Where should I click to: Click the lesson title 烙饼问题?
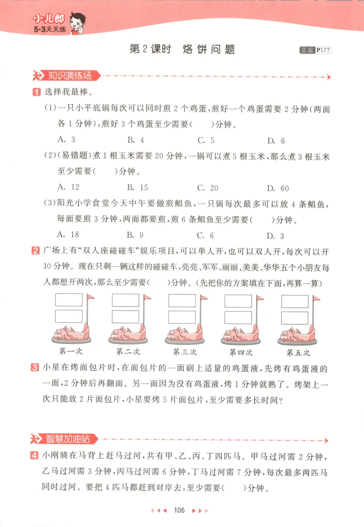coord(208,50)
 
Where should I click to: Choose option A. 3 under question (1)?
coord(67,140)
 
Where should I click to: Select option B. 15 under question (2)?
coord(138,187)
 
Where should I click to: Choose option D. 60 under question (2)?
coord(278,188)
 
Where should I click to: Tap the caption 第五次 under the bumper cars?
coord(298,352)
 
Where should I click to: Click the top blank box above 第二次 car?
coord(126,300)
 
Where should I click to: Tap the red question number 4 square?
coord(35,455)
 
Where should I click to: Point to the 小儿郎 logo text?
coord(49,20)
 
